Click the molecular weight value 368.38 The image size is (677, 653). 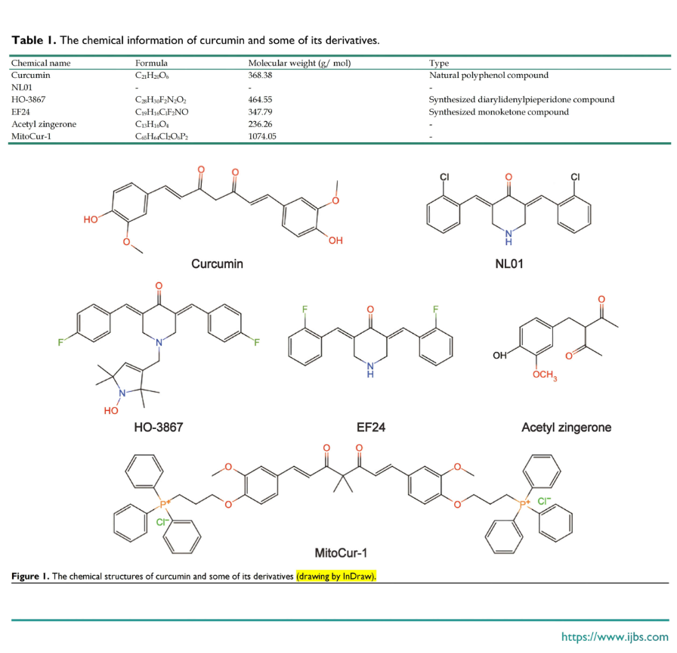pyautogui.click(x=260, y=75)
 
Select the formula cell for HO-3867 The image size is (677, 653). pyautogui.click(x=161, y=100)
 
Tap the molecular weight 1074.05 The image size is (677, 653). pyautogui.click(x=262, y=136)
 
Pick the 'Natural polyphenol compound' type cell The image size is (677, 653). pyautogui.click(x=489, y=75)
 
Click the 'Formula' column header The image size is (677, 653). pyautogui.click(x=151, y=63)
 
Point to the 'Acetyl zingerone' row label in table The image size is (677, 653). pyautogui.click(x=44, y=124)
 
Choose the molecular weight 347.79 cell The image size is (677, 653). pyautogui.click(x=260, y=112)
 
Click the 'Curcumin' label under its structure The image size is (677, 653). pyautogui.click(x=217, y=264)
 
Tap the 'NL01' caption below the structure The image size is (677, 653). pyautogui.click(x=509, y=264)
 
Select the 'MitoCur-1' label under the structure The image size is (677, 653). pyautogui.click(x=341, y=552)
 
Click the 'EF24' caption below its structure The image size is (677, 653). pyautogui.click(x=370, y=428)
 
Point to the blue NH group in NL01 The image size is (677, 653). pyautogui.click(x=509, y=238)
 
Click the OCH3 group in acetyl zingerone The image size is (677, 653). pyautogui.click(x=545, y=375)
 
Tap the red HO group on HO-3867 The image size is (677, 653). pyautogui.click(x=111, y=410)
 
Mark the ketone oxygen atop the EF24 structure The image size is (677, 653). pyautogui.click(x=370, y=309)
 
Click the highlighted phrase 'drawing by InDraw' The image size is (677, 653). pyautogui.click(x=336, y=577)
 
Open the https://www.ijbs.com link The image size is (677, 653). pyautogui.click(x=615, y=636)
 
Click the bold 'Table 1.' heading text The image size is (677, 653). pyautogui.click(x=34, y=40)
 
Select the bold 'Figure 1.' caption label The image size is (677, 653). pyautogui.click(x=30, y=577)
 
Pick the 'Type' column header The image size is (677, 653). pyautogui.click(x=439, y=64)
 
